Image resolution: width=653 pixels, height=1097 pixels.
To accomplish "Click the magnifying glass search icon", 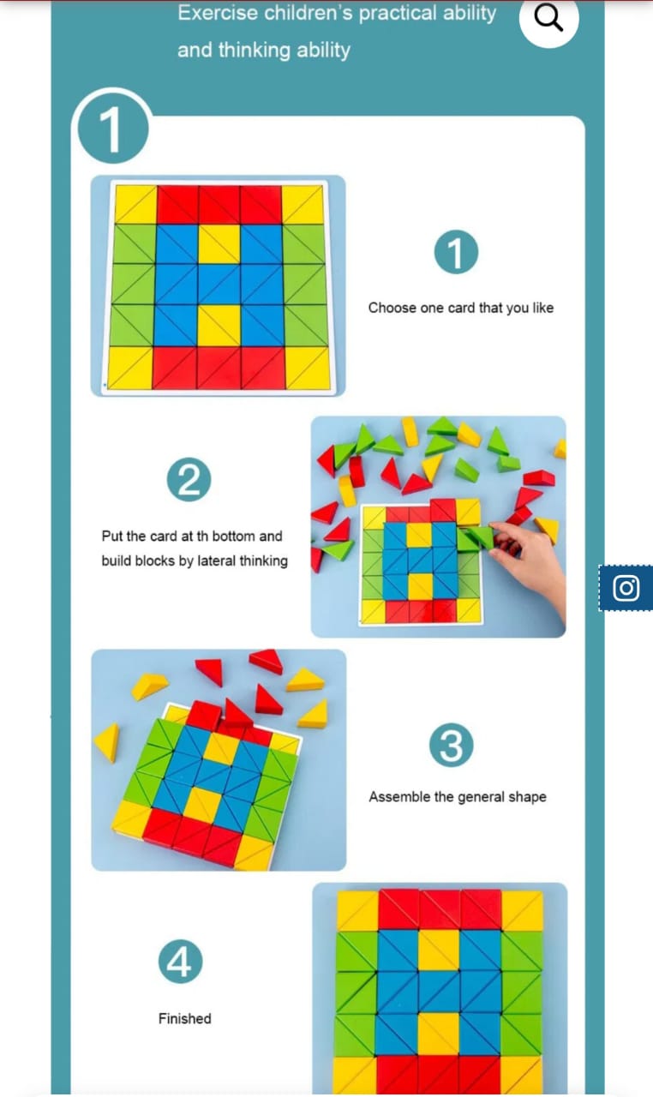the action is [x=548, y=18].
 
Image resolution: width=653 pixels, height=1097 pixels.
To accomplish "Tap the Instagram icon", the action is [x=626, y=588].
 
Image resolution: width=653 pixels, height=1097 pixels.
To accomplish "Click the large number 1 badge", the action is [x=112, y=129].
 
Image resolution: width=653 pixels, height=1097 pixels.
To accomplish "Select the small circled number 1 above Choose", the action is [x=456, y=252].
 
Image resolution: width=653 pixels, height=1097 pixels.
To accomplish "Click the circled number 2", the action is [x=189, y=480].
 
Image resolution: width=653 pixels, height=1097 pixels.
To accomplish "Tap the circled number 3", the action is [x=452, y=745].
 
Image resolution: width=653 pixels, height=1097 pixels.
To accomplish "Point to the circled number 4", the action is [x=180, y=962].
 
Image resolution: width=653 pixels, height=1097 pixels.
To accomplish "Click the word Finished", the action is [x=184, y=1019].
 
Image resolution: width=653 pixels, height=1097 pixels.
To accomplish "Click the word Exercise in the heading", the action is [x=218, y=13].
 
